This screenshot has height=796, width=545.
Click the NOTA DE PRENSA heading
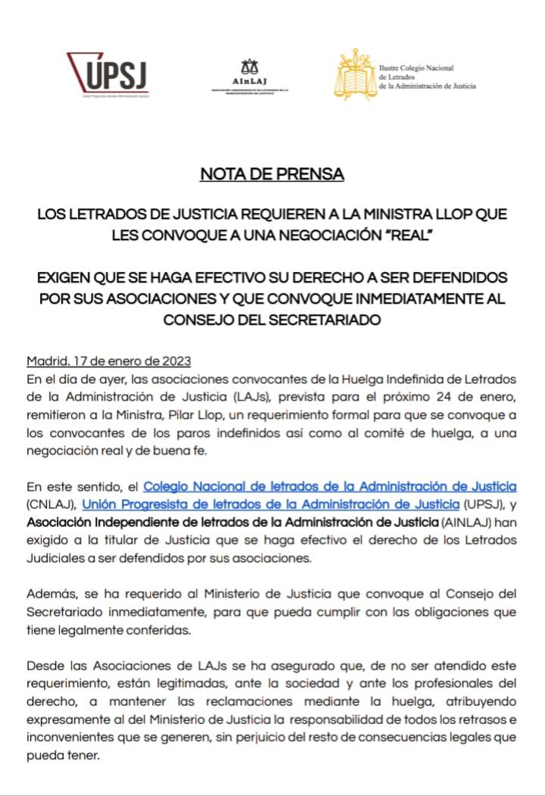coord(272,174)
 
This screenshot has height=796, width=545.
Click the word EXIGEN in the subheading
coord(64,278)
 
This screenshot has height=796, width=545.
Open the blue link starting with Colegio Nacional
coord(330,485)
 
